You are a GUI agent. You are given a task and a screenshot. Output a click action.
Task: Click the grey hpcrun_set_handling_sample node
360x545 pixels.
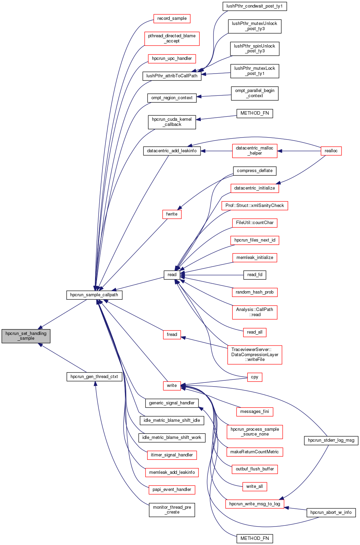pos(26,336)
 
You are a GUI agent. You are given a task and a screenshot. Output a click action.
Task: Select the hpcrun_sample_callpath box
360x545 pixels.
pos(94,295)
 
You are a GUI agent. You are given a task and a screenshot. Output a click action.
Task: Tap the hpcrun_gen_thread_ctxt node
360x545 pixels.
pos(94,377)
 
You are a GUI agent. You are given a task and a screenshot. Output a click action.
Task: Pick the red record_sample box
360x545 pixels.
pos(172,18)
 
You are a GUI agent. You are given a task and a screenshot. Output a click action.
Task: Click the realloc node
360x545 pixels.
pos(331,151)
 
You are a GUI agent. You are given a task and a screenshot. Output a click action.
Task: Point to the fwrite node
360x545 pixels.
pos(172,214)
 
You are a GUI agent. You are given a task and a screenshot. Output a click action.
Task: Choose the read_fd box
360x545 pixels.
pos(255,275)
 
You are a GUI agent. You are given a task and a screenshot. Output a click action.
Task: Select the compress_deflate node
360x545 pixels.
pos(255,171)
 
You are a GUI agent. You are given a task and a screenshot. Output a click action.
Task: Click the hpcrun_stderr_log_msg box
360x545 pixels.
pos(331,440)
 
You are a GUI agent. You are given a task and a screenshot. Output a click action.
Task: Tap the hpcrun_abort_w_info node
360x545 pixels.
pos(331,512)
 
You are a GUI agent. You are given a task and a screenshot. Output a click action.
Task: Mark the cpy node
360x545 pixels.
pos(255,377)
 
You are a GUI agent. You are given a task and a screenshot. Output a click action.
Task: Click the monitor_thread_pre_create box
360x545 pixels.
pos(172,510)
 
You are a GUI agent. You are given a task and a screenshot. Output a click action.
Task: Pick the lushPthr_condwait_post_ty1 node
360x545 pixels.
pos(255,6)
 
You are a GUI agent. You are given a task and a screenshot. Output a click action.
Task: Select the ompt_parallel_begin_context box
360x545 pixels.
pos(255,93)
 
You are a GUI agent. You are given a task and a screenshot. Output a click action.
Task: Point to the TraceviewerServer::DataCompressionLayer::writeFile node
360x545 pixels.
pos(255,355)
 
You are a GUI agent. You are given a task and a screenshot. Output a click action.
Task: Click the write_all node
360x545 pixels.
pos(255,486)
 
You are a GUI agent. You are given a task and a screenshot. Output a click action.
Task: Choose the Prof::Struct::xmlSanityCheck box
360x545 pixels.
pos(255,206)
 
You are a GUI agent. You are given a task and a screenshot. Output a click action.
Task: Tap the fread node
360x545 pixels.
pos(172,335)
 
